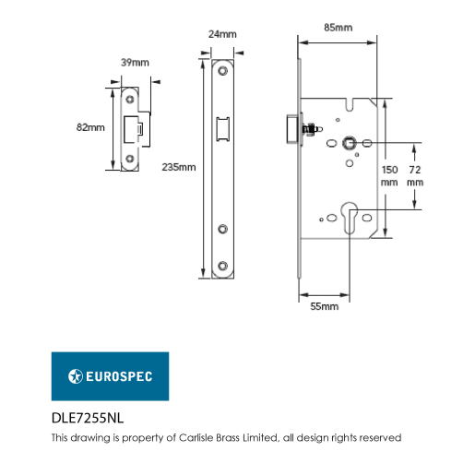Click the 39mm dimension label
click(x=137, y=62)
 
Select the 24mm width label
click(x=222, y=34)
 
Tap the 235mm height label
click(x=179, y=167)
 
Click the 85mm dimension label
click(x=338, y=27)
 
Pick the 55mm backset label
click(x=326, y=305)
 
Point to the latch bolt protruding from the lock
click(x=293, y=128)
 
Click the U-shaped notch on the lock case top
click(x=347, y=105)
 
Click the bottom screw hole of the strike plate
click(x=131, y=160)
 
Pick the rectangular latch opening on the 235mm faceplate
click(x=222, y=129)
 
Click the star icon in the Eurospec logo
click(x=77, y=376)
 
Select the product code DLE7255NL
click(x=88, y=418)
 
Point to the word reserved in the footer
click(x=379, y=438)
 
